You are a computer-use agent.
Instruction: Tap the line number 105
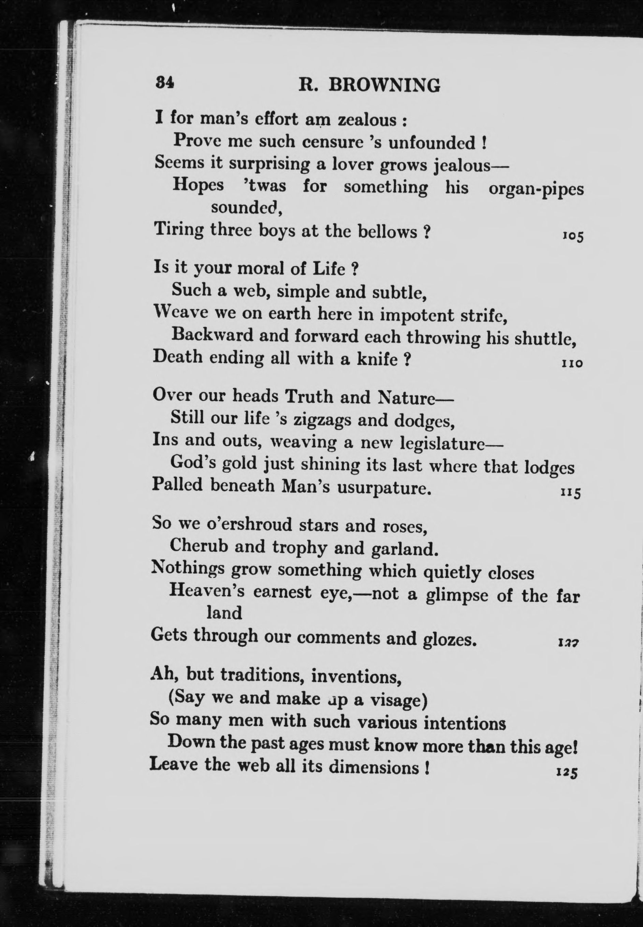pos(572,236)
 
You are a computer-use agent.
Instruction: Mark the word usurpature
pos(383,488)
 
